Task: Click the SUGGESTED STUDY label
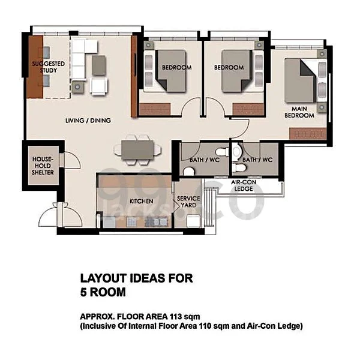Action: click(48, 67)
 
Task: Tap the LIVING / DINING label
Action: click(88, 121)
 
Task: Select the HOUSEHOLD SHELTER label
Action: click(43, 166)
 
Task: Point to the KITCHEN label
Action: click(142, 202)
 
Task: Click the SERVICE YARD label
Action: click(188, 202)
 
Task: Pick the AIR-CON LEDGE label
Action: click(244, 185)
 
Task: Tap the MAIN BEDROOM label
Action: click(299, 112)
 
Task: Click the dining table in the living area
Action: click(137, 150)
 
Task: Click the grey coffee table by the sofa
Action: click(99, 65)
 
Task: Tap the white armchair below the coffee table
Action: click(99, 86)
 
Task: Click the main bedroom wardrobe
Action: click(308, 134)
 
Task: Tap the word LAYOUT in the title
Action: click(104, 278)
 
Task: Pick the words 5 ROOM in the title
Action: click(103, 292)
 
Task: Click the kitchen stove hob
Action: click(156, 222)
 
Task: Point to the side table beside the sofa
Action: click(77, 87)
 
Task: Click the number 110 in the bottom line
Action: click(205, 326)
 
